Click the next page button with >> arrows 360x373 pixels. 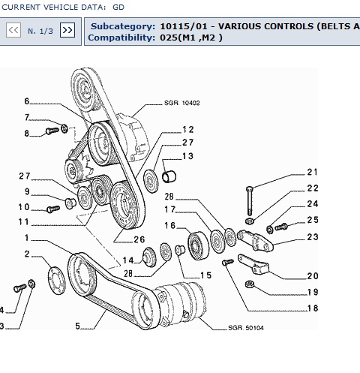(67, 30)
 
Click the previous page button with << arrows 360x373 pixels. (13, 30)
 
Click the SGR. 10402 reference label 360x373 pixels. (181, 103)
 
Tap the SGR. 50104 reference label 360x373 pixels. (246, 328)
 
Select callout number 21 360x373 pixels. (313, 172)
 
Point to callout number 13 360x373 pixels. (187, 156)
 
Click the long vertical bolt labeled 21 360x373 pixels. (250, 200)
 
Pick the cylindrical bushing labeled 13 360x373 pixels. (169, 176)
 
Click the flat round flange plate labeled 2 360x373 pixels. (56, 281)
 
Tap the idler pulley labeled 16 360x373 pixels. (198, 245)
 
